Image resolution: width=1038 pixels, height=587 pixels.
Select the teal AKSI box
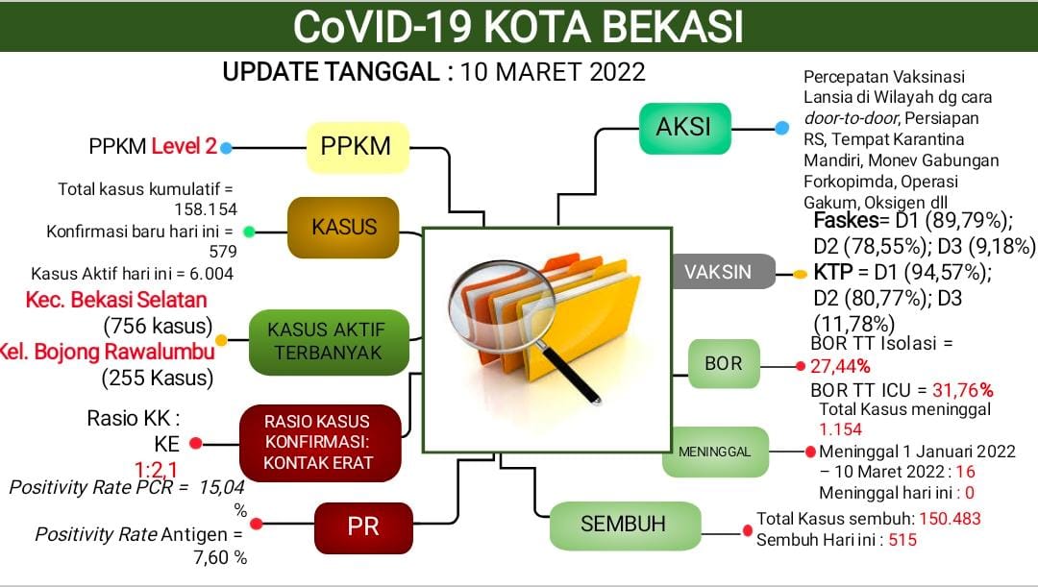(x=685, y=127)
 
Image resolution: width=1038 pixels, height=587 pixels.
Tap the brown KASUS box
(x=343, y=228)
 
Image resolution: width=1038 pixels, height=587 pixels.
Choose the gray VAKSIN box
(x=724, y=272)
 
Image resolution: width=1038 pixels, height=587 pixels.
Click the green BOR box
(x=724, y=364)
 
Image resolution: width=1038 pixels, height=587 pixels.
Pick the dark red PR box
(x=363, y=526)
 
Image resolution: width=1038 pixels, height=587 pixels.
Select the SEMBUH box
(x=623, y=525)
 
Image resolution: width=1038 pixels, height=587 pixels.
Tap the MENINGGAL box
(x=714, y=452)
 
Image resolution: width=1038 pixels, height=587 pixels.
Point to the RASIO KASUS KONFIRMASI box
(x=317, y=443)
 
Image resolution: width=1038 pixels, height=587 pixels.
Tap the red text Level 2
(x=184, y=147)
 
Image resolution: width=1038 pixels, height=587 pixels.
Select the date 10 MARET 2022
(x=553, y=72)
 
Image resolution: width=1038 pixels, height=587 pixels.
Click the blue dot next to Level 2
(x=226, y=148)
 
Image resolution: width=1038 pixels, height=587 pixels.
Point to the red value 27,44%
(x=840, y=366)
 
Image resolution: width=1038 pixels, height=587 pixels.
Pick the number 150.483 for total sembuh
(x=951, y=519)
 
